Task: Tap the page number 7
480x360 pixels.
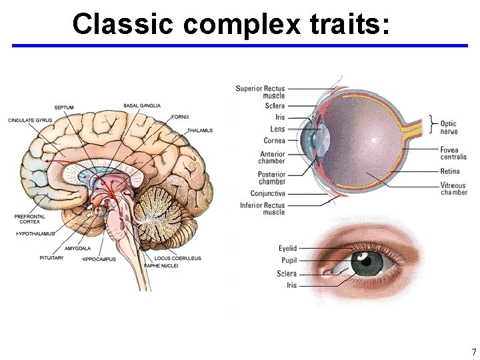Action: point(473,352)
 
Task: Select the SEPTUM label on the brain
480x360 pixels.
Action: point(64,107)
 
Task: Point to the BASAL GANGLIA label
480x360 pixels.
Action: point(141,106)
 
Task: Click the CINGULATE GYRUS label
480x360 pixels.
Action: point(31,120)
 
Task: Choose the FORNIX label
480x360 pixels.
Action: point(181,117)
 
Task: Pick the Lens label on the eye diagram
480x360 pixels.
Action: point(277,129)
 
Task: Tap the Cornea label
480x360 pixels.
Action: point(274,141)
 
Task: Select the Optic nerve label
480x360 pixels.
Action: point(449,127)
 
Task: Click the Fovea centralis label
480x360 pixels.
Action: point(453,153)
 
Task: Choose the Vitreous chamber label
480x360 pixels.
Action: point(453,189)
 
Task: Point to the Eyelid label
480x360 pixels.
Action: point(287,249)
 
